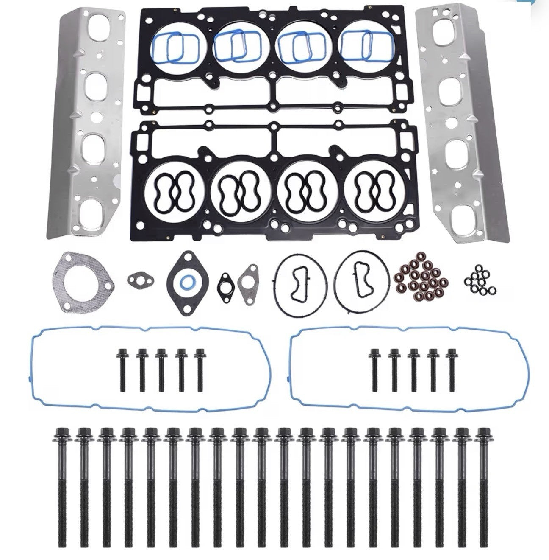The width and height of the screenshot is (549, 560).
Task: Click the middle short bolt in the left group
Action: (161, 369)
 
